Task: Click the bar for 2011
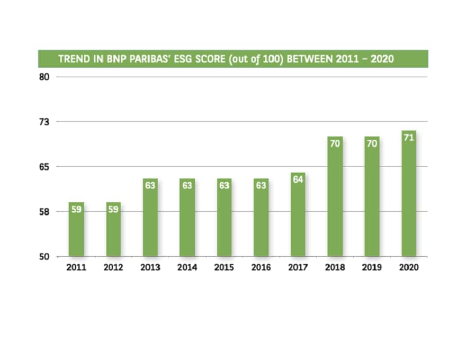click(76, 230)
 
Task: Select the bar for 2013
click(150, 218)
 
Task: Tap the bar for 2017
click(298, 215)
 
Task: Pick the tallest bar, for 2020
click(409, 194)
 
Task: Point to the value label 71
click(409, 137)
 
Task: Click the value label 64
click(298, 179)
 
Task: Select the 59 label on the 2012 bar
click(113, 209)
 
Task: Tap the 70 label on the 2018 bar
click(335, 143)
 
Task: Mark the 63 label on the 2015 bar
click(224, 185)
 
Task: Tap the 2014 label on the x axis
click(187, 267)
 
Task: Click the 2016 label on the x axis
click(261, 267)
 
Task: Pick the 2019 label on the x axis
click(372, 267)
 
